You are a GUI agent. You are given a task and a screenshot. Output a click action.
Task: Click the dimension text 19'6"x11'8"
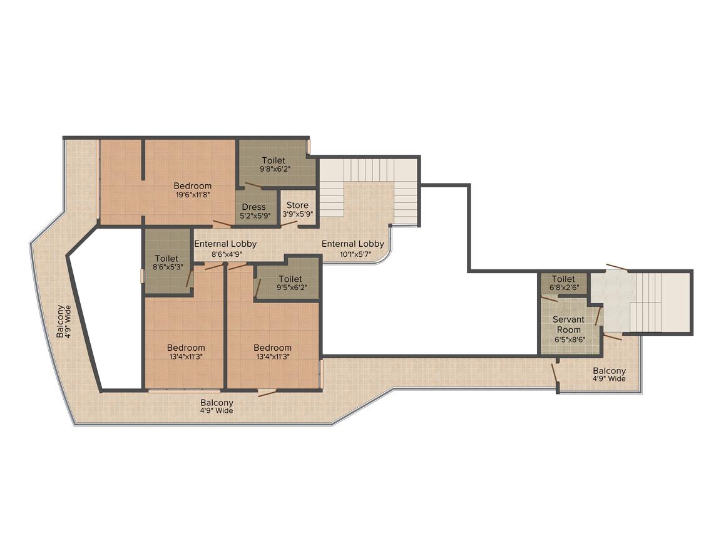click(x=193, y=195)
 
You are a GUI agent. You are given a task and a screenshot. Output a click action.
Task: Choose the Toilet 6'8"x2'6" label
click(x=563, y=283)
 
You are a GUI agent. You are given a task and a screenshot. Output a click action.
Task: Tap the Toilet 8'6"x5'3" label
click(x=166, y=262)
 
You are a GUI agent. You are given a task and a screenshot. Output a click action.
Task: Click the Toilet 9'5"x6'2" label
click(x=290, y=283)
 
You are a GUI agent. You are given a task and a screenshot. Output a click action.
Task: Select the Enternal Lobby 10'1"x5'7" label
click(x=353, y=249)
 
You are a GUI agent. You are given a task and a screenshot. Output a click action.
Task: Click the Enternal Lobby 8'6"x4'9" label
click(x=225, y=249)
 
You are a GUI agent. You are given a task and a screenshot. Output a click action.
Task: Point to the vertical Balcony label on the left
click(x=64, y=321)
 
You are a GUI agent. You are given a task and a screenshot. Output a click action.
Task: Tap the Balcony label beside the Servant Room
click(x=610, y=375)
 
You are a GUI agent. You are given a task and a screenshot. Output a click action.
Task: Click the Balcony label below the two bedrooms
click(x=217, y=407)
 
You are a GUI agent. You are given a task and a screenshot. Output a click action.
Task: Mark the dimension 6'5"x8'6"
click(x=570, y=340)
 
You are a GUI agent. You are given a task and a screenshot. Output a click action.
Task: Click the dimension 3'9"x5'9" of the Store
click(x=298, y=215)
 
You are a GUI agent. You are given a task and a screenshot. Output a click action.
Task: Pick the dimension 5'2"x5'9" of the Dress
click(x=255, y=215)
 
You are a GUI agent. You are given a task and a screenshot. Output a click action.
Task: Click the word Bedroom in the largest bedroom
click(x=193, y=186)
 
